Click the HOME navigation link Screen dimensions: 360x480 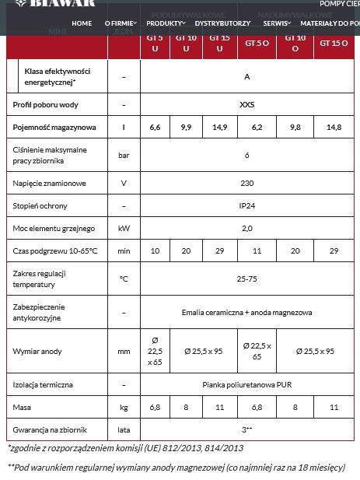[x=82, y=23]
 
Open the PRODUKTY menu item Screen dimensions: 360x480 [x=166, y=23]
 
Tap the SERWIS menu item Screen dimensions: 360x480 [x=276, y=23]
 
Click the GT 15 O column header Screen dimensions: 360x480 [x=334, y=44]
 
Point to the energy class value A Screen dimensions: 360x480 [x=246, y=76]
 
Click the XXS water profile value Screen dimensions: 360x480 [x=246, y=104]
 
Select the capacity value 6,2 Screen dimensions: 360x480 [x=257, y=127]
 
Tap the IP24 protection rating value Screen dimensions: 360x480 [x=246, y=206]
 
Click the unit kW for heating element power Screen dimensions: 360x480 [x=124, y=229]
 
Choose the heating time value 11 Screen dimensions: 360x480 [x=257, y=251]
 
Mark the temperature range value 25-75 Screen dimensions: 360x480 [x=246, y=279]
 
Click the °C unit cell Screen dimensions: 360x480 [x=124, y=279]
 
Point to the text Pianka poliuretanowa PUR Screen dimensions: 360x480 [x=246, y=384]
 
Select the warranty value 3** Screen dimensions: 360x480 [x=246, y=429]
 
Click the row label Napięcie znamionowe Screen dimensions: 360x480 [x=49, y=184]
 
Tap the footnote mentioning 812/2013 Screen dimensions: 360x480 [x=125, y=448]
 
